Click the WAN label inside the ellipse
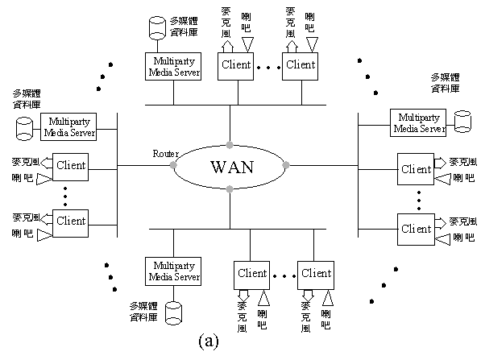[x=232, y=168]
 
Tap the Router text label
[x=166, y=154]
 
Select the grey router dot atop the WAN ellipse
[x=230, y=145]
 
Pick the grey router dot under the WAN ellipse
[x=230, y=189]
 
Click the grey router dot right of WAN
[x=286, y=165]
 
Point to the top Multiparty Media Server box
[x=173, y=67]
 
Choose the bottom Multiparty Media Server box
[x=173, y=271]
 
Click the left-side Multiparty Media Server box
[x=68, y=127]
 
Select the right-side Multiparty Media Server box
[x=418, y=122]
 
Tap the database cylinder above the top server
[x=157, y=28]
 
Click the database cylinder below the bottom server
[x=173, y=313]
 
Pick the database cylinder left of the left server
[x=24, y=129]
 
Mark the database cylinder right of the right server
[x=462, y=122]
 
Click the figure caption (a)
[x=209, y=341]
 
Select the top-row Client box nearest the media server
[x=235, y=67]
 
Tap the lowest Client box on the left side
[x=71, y=223]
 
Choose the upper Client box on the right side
[x=416, y=169]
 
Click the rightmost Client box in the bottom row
[x=316, y=275]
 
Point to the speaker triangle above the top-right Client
[x=313, y=45]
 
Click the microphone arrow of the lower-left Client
[x=47, y=218]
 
